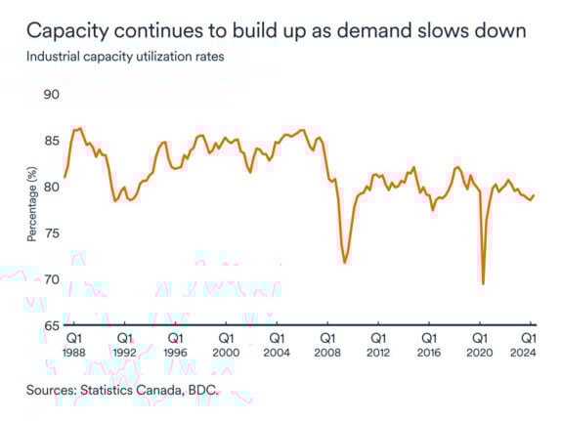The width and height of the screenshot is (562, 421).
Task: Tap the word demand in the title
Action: pyautogui.click(x=384, y=31)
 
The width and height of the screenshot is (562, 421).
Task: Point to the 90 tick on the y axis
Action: pyautogui.click(x=51, y=94)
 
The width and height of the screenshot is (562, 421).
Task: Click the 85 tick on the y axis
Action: pyautogui.click(x=51, y=141)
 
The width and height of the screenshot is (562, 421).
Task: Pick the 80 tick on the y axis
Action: pyautogui.click(x=51, y=187)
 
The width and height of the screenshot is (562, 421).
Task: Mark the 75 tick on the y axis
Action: pyautogui.click(x=51, y=232)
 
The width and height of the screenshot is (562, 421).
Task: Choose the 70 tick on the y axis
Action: pyautogui.click(x=51, y=279)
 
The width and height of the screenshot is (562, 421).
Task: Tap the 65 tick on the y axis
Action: pyautogui.click(x=51, y=325)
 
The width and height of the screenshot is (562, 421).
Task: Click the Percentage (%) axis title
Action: pyautogui.click(x=31, y=210)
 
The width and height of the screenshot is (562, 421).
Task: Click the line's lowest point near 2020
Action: pyautogui.click(x=483, y=283)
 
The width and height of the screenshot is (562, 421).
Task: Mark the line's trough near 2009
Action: pyautogui.click(x=345, y=263)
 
